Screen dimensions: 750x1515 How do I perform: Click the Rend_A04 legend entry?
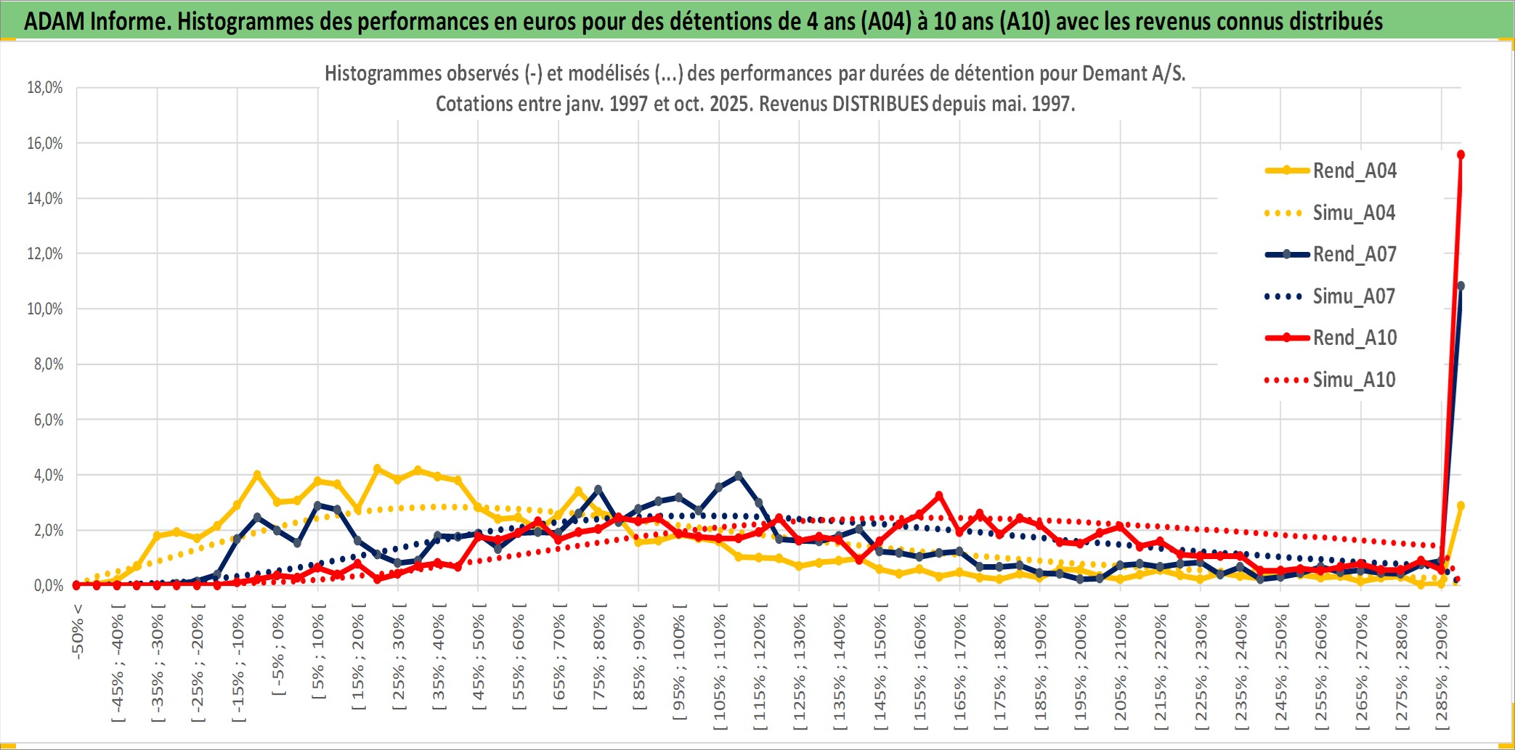(x=1354, y=171)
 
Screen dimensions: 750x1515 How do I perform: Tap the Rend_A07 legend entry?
(x=1354, y=254)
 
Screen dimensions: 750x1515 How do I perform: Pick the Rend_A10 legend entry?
(x=1354, y=338)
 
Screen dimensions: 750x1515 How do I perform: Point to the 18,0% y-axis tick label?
(x=45, y=88)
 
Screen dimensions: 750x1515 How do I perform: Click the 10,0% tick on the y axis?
(x=45, y=309)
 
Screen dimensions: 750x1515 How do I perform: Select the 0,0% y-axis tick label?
(x=48, y=585)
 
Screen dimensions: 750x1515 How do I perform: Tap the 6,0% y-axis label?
(x=48, y=420)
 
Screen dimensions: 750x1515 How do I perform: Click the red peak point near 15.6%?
(x=1461, y=155)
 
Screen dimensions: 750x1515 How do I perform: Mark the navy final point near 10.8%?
(x=1461, y=286)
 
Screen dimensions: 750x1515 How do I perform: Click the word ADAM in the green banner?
(x=54, y=21)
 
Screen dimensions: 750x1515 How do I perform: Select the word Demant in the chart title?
(x=1113, y=73)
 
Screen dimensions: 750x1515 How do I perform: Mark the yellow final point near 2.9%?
(x=1461, y=505)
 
